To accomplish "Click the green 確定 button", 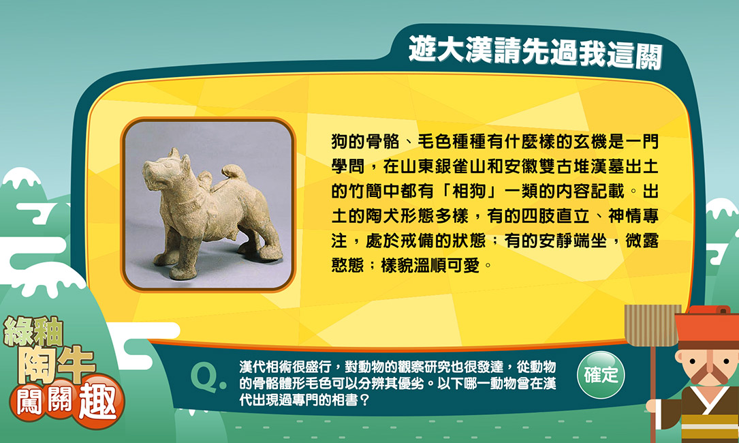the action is [601, 375].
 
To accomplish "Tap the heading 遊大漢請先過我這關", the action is [535, 52].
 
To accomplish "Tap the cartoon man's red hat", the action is [707, 326].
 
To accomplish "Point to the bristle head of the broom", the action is [652, 325].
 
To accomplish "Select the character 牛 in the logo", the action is [76, 365].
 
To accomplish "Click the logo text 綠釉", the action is [33, 332].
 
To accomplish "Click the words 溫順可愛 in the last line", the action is [447, 266].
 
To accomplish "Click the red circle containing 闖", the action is [29, 401].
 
